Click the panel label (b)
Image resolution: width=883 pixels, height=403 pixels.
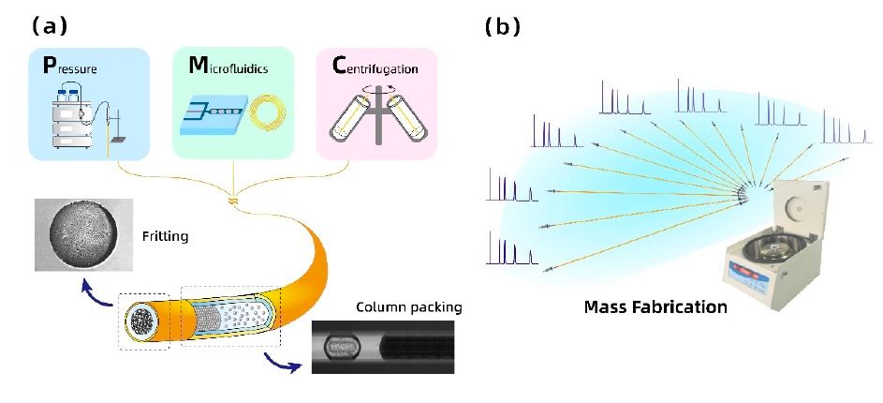click(502, 25)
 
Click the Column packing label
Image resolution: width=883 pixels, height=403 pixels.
click(408, 306)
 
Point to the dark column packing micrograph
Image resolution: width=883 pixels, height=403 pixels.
click(383, 346)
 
